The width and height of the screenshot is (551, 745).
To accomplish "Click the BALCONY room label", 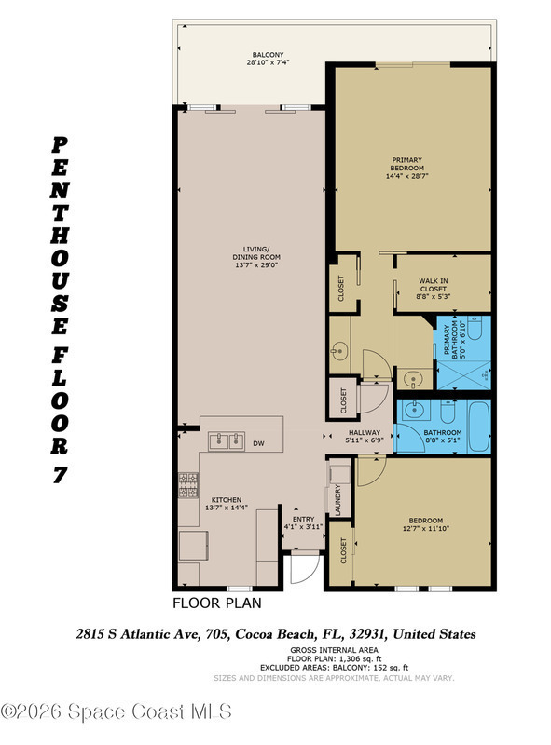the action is click(x=268, y=55).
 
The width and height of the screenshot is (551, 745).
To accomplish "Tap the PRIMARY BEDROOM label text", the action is click(x=406, y=164).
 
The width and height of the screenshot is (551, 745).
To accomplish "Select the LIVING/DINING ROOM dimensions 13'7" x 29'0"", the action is click(x=256, y=265).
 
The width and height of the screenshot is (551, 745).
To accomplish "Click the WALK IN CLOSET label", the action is click(x=433, y=285).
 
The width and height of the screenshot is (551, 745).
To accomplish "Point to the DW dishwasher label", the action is click(x=258, y=444).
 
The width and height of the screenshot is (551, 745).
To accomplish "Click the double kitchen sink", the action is click(x=227, y=441).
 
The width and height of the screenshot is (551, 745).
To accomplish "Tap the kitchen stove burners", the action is click(x=188, y=485).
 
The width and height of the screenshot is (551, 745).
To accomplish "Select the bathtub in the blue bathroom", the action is click(x=479, y=427).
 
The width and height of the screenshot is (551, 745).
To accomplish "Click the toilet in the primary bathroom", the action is click(x=475, y=329).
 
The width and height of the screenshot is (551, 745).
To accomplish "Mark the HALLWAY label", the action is click(x=365, y=432).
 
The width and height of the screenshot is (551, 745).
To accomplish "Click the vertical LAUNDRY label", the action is click(x=337, y=500).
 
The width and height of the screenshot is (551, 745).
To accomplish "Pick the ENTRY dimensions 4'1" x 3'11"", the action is click(x=304, y=527).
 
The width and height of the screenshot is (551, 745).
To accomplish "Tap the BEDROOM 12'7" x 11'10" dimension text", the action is click(x=426, y=528).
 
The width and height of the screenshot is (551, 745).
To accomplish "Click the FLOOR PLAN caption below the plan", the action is click(x=217, y=603).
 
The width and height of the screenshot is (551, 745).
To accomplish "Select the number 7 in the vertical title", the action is click(x=60, y=475).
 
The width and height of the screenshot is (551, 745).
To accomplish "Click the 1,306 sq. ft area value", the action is click(x=360, y=659).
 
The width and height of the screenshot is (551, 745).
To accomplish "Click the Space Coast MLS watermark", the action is click(x=117, y=711).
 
